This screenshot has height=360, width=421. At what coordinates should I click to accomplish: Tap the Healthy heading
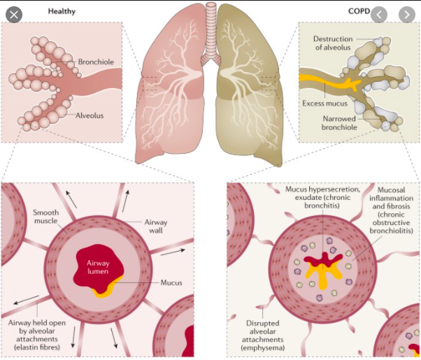pyautogui.click(x=63, y=11)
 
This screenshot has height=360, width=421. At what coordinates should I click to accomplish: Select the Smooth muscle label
pyautogui.click(x=47, y=216)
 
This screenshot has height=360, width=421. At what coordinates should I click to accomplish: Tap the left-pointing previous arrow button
pyautogui.click(x=380, y=14)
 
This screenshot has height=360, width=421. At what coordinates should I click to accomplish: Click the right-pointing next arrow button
pyautogui.click(x=406, y=14)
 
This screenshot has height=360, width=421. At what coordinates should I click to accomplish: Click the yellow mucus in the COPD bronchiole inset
pyautogui.click(x=329, y=82)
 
